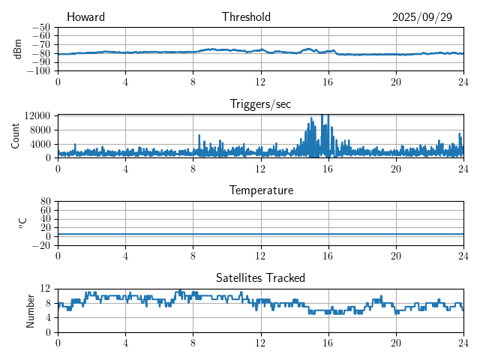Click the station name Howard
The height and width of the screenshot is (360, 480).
click(85, 17)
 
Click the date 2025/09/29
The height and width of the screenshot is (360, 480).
click(422, 17)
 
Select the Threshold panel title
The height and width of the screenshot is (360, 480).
click(246, 17)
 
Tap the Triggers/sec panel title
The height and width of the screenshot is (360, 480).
click(260, 104)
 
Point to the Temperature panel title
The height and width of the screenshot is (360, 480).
click(260, 190)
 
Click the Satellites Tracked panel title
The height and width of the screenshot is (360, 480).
click(260, 278)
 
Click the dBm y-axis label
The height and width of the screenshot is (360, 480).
click(17, 49)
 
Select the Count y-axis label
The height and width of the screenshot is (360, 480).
click(16, 136)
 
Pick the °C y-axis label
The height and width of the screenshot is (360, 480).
click(22, 223)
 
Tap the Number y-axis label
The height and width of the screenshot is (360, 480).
click(31, 310)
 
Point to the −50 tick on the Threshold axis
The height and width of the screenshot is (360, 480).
click(41, 27)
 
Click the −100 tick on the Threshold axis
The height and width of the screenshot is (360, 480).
click(39, 71)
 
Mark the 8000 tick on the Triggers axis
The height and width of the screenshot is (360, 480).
click(40, 129)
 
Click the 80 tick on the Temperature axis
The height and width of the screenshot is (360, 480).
click(46, 201)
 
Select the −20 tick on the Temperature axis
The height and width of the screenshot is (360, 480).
click(41, 245)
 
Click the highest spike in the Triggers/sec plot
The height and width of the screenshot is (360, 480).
click(322, 115)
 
